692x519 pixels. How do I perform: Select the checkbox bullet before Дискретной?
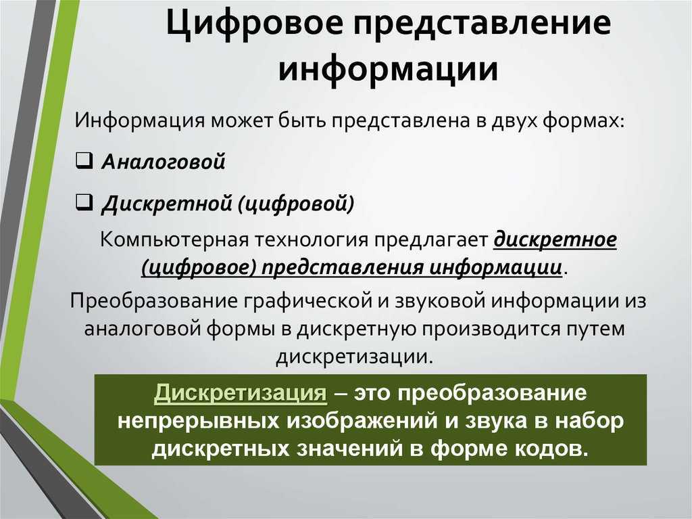(84, 203)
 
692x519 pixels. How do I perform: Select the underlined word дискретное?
(555, 240)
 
